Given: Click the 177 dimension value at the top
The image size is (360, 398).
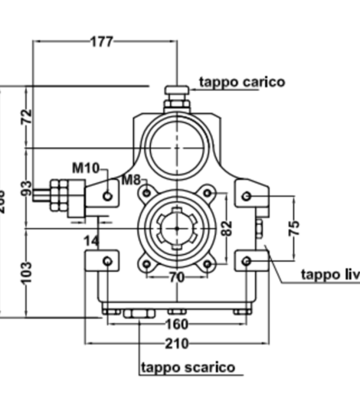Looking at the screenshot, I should click(x=100, y=41).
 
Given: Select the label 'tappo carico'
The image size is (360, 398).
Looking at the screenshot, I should click(x=241, y=82).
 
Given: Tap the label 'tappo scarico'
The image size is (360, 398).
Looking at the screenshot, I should click(x=188, y=367).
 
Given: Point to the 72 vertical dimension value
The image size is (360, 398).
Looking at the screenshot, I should click(x=28, y=117).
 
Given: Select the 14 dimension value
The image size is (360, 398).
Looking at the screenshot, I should click(x=91, y=240).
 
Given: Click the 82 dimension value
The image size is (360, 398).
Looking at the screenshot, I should click(x=225, y=227).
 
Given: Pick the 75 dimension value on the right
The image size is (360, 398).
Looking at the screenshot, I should click(x=295, y=227).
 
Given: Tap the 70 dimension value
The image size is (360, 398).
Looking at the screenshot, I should click(x=177, y=277).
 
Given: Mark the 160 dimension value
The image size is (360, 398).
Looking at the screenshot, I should click(x=177, y=322).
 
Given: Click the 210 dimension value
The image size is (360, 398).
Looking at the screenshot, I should click(x=177, y=344).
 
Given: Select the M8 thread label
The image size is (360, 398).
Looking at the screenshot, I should click(x=130, y=181).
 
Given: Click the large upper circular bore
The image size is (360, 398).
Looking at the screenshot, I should click(x=177, y=145).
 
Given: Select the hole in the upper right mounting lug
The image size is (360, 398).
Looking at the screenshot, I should click(x=246, y=196).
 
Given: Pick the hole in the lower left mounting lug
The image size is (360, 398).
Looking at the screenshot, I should click(x=107, y=263).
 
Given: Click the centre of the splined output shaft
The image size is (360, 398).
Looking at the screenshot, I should click(x=177, y=228).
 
